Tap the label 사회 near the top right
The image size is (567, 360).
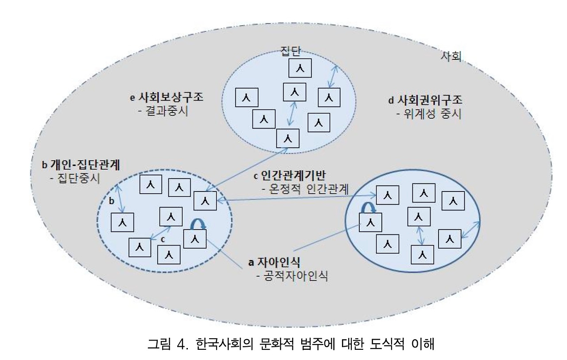point(451,56)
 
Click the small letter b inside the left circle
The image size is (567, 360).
point(112,201)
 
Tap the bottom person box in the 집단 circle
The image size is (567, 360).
point(287,138)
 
